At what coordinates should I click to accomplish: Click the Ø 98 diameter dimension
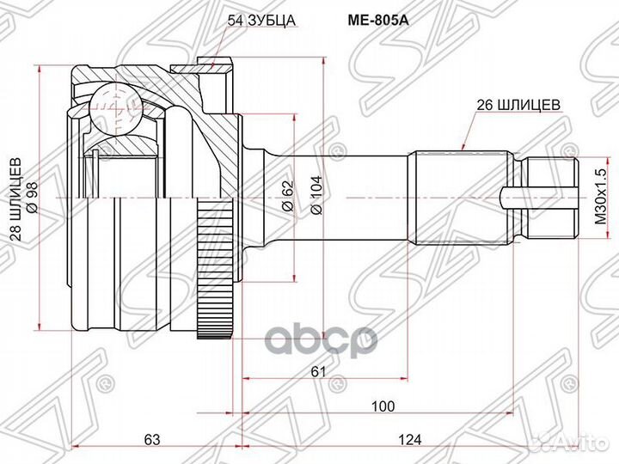pyautogui.click(x=31, y=196)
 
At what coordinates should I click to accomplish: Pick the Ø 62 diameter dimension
pyautogui.click(x=285, y=196)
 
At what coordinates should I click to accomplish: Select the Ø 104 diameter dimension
pyautogui.click(x=316, y=196)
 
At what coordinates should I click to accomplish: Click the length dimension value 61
pyautogui.click(x=318, y=371)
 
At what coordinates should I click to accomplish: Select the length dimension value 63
pyautogui.click(x=152, y=439)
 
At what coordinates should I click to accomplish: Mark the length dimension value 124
pyautogui.click(x=410, y=439)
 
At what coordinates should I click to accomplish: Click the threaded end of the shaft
pyautogui.click(x=550, y=198)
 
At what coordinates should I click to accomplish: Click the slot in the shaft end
pyautogui.click(x=514, y=198)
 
